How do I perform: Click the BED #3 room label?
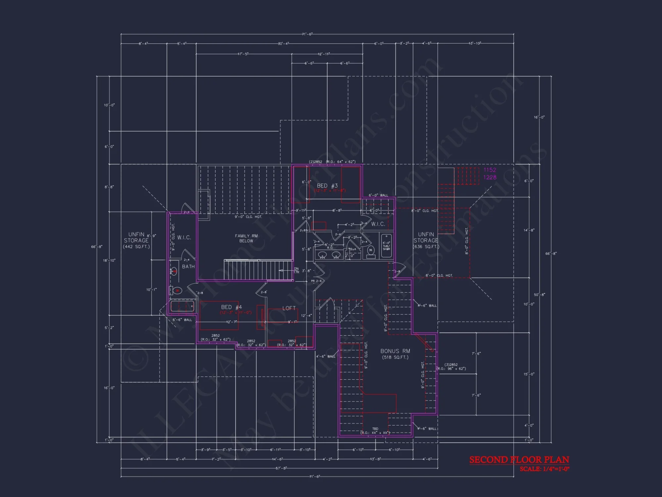tap(327, 186)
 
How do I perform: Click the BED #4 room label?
tap(231, 307)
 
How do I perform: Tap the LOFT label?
tap(289, 308)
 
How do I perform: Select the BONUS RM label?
tap(395, 351)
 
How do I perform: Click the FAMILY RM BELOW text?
tap(246, 238)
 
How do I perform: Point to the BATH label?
tap(188, 266)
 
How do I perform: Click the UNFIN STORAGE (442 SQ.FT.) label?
tap(136, 240)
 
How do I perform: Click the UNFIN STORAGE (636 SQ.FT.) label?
tap(426, 240)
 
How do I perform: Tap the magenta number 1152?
tap(490, 170)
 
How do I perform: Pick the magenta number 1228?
tap(490, 177)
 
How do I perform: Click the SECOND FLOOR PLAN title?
tap(519, 460)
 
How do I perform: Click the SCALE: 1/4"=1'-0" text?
tap(544, 469)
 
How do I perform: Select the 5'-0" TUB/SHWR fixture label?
tap(386, 246)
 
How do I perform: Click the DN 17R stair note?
tap(296, 270)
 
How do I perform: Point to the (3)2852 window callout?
tap(451, 364)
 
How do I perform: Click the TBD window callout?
tap(375, 429)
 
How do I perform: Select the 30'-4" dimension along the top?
tap(283, 43)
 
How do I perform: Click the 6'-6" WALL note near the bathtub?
tap(182, 320)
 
